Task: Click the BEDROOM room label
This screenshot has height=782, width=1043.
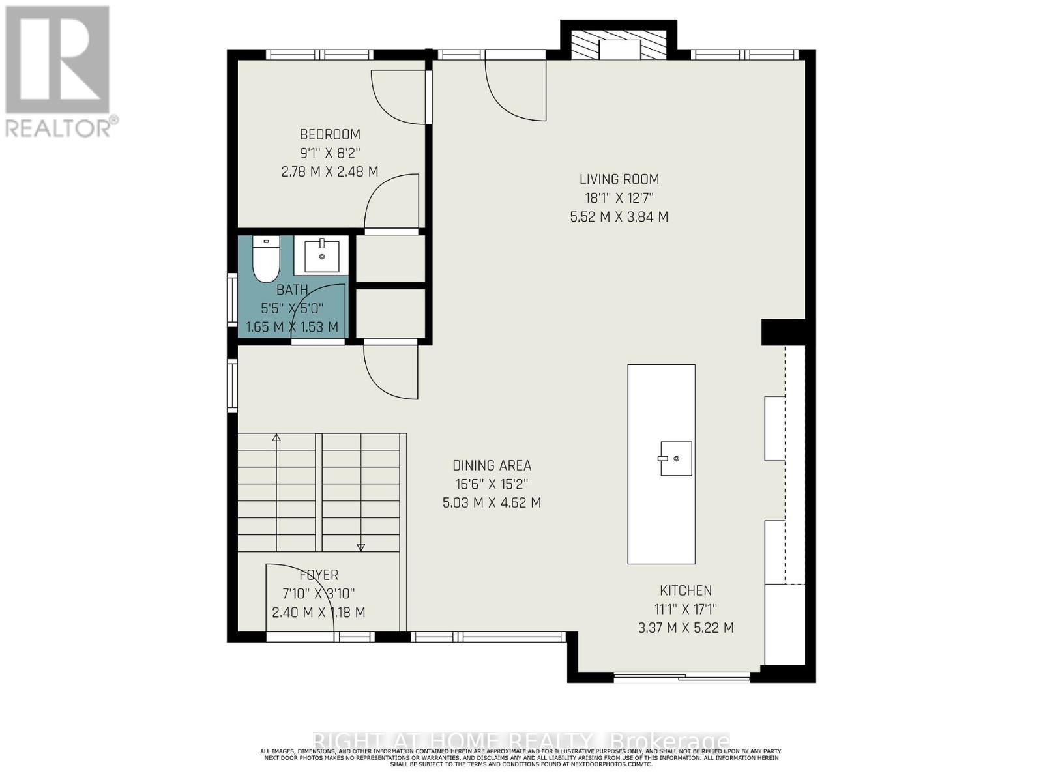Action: click(330, 135)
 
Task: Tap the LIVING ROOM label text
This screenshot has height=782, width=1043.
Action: click(619, 179)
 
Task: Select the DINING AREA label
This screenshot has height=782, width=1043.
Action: click(492, 465)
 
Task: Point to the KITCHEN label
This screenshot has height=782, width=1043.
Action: click(686, 590)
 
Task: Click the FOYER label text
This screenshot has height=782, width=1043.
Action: click(319, 575)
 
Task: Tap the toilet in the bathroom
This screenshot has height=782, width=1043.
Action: click(266, 259)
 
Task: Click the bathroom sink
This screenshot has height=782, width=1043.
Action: click(321, 255)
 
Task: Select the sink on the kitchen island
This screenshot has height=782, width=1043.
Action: click(675, 458)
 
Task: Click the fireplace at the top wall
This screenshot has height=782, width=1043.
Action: click(619, 48)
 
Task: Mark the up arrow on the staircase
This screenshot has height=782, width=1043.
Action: click(276, 439)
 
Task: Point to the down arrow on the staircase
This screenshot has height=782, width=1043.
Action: click(360, 547)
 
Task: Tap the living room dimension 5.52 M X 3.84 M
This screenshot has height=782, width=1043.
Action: click(619, 217)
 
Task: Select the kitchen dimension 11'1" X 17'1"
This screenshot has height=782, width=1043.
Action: click(686, 609)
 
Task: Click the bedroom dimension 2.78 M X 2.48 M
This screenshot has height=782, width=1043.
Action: click(330, 172)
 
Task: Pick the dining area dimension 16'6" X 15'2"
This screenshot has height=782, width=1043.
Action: click(492, 484)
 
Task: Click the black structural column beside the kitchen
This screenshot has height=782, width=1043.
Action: click(783, 332)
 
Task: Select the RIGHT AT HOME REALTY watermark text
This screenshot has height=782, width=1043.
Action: click(521, 741)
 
